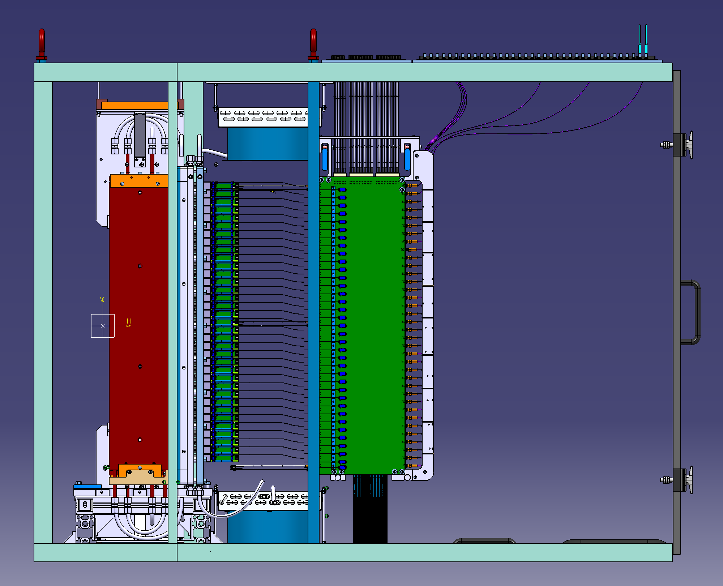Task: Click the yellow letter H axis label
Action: click(129, 321)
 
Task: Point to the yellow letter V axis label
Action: click(102, 299)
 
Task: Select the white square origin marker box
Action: click(103, 326)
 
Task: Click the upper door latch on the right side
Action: click(677, 145)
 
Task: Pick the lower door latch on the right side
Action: click(677, 480)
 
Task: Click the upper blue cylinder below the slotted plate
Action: click(268, 144)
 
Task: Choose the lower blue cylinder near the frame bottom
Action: click(268, 527)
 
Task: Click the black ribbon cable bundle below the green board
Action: click(370, 509)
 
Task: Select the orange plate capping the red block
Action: click(139, 181)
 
